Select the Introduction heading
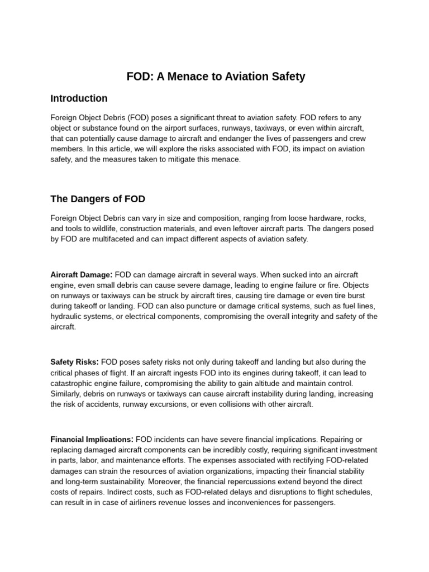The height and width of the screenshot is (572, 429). pyautogui.click(x=79, y=98)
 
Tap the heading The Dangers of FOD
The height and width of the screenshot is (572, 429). pyautogui.click(x=98, y=198)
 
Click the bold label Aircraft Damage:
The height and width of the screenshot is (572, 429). pyautogui.click(x=82, y=275)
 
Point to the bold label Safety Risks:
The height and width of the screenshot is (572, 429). pyautogui.click(x=74, y=362)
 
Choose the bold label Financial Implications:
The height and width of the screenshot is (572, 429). pyautogui.click(x=92, y=440)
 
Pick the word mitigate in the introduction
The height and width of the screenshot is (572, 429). pyautogui.click(x=183, y=159)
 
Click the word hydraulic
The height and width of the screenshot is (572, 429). pyautogui.click(x=67, y=317)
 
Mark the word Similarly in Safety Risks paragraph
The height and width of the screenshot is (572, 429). pyautogui.click(x=66, y=394)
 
